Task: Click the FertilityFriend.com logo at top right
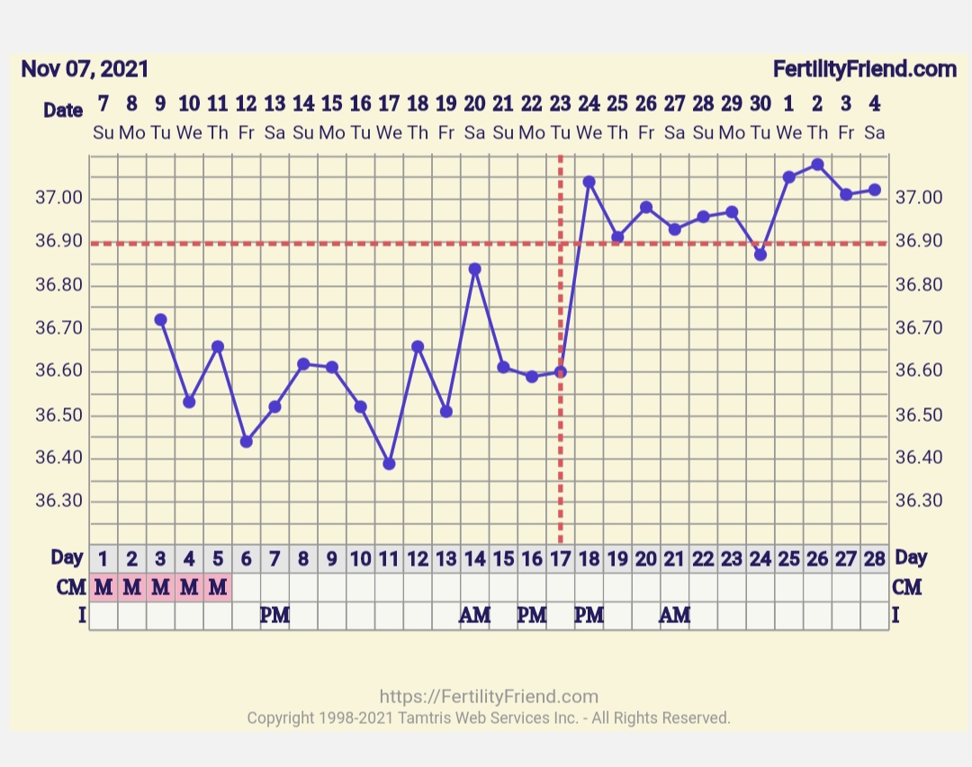click(x=864, y=69)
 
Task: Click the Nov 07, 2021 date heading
click(x=85, y=69)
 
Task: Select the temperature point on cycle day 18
click(x=589, y=182)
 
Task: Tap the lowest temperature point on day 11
click(x=389, y=463)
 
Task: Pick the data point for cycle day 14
click(x=475, y=269)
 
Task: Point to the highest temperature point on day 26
click(x=817, y=165)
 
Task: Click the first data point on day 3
click(x=161, y=319)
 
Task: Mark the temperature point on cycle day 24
click(x=760, y=254)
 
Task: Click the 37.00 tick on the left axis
click(x=59, y=198)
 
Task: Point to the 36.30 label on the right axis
click(x=919, y=501)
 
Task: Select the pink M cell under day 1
click(x=103, y=588)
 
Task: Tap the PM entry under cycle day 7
click(x=274, y=616)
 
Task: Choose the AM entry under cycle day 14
click(x=474, y=616)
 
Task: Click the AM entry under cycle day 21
click(x=675, y=616)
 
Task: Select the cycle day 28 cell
click(x=874, y=559)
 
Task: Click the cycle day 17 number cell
click(x=561, y=559)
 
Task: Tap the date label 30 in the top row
click(x=760, y=103)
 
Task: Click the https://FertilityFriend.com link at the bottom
click(x=489, y=697)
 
